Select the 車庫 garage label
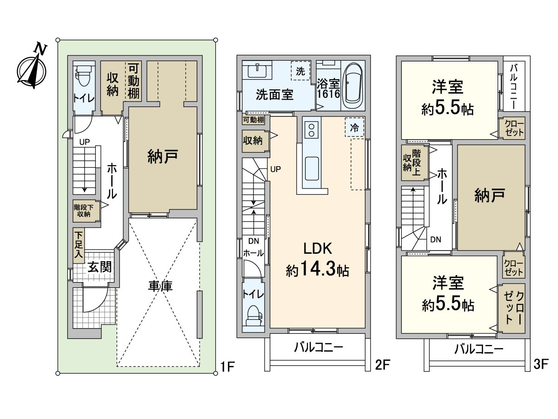160,285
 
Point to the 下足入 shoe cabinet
79,244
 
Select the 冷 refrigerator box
354,128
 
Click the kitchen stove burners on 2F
310,129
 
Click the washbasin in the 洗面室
255,71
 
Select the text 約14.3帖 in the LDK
318,269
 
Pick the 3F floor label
542,364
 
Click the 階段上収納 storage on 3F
412,162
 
